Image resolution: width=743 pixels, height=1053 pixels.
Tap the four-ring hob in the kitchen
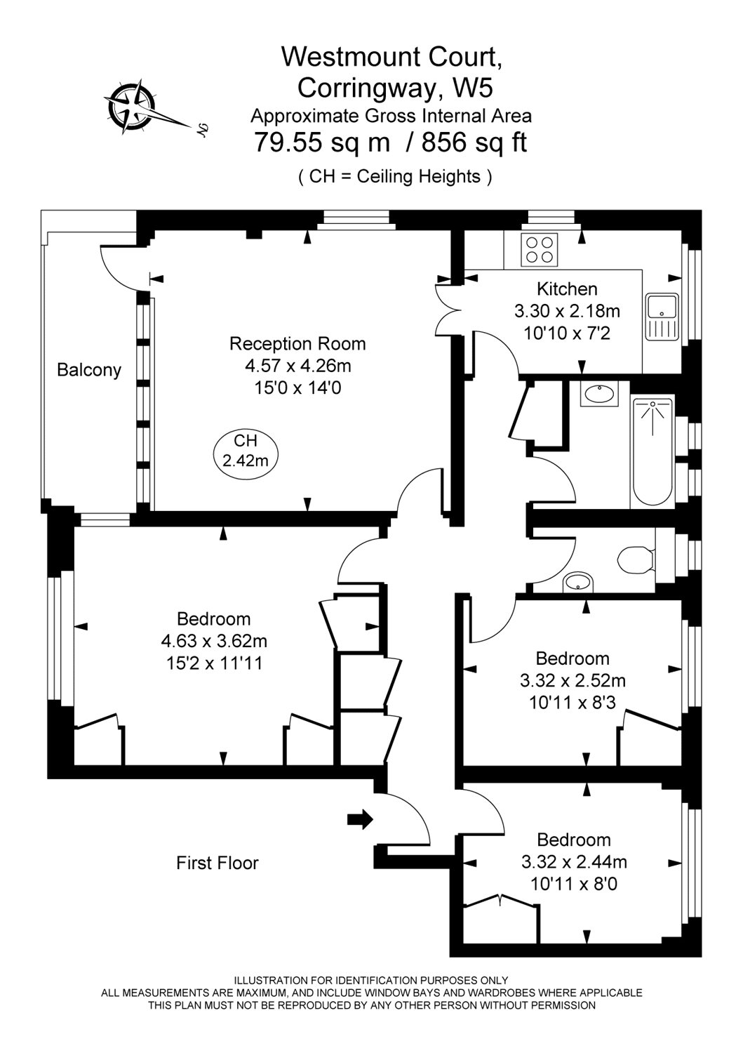pos(539,250)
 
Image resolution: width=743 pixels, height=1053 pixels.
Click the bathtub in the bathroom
pos(652,452)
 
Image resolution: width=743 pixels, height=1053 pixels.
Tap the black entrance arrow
pos(360,820)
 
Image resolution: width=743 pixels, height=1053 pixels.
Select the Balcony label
pos(89,370)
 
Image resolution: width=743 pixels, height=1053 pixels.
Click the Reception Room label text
pos(297,344)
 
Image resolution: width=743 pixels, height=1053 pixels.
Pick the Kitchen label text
pos(567,289)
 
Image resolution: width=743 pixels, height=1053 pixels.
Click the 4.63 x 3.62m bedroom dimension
pos(214,641)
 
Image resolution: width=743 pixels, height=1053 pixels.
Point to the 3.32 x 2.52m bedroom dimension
pos(573,680)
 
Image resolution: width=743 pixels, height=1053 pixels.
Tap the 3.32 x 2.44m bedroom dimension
pos(574,861)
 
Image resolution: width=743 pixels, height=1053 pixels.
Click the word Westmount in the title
pos(350,56)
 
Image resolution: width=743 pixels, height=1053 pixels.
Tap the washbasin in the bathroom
pos(598,393)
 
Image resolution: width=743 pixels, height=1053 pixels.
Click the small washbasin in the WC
pos(578,583)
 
